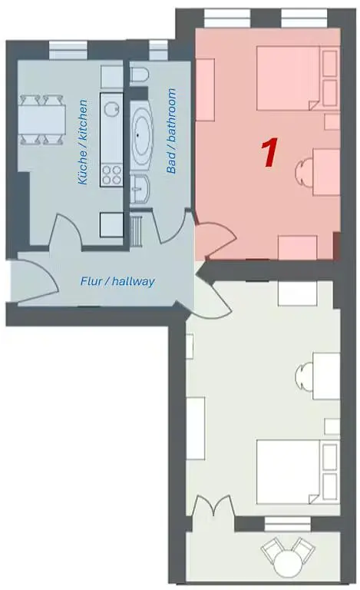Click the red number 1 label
click(269, 153)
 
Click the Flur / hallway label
click(117, 281)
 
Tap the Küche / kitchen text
click(83, 141)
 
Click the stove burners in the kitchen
click(112, 174)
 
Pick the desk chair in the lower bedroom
click(305, 376)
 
